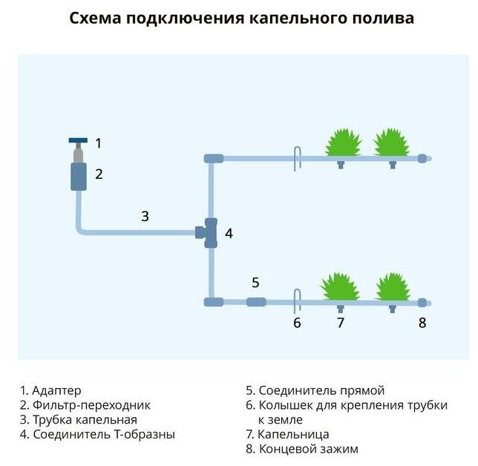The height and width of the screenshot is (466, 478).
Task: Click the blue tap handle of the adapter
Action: [x=76, y=141]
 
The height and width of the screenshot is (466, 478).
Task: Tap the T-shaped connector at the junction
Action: [x=209, y=233]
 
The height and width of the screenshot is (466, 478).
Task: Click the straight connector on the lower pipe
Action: [x=255, y=302]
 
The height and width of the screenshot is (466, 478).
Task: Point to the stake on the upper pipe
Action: [x=295, y=157]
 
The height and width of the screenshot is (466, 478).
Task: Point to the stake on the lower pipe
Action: [x=295, y=301]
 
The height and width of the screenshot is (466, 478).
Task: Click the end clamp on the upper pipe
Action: [x=422, y=158]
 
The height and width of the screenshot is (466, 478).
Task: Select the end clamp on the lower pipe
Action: [x=422, y=302]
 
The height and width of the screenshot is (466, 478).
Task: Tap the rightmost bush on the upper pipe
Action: [x=392, y=142]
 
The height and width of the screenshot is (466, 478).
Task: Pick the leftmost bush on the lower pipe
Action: [x=339, y=286]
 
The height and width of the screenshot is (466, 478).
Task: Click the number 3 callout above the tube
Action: [x=145, y=217]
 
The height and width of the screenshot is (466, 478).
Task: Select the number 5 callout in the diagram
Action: [x=255, y=282]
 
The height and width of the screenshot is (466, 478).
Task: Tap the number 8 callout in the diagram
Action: [x=422, y=323]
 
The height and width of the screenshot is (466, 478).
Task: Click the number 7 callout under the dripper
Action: [x=340, y=323]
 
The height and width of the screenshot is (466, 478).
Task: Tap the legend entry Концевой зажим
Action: [x=301, y=450]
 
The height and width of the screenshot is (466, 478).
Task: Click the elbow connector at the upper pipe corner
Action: [x=213, y=158]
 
